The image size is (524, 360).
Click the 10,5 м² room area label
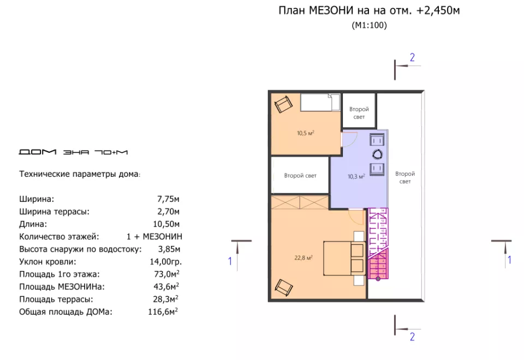click(306, 133)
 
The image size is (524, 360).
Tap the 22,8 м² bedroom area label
click(303, 257)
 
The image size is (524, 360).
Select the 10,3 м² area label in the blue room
click(356, 176)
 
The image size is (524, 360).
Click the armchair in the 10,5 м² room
click(283, 104)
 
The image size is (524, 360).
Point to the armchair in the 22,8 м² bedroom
click(283, 287)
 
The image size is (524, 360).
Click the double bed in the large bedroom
click(343, 258)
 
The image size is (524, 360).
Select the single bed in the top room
click(320, 102)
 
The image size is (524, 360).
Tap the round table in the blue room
click(377, 154)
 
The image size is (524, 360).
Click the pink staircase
click(378, 243)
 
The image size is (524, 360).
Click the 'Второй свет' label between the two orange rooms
click(300, 175)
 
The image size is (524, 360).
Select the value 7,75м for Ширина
click(168, 199)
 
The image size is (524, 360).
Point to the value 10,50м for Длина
click(166, 224)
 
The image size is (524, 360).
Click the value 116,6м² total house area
click(163, 311)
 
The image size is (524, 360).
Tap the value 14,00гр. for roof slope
click(166, 261)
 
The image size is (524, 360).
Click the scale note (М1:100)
click(370, 26)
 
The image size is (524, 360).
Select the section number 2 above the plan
click(412, 57)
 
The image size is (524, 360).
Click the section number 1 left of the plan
click(230, 261)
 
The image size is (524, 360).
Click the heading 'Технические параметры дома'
click(80, 174)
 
